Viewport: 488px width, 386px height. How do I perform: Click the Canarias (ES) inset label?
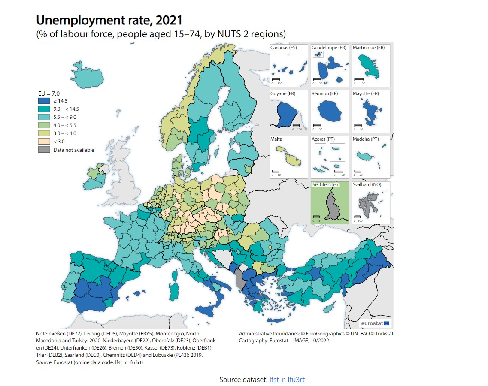point(283,48)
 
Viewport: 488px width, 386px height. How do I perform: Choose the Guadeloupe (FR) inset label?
point(329,48)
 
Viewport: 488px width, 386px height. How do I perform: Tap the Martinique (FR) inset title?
point(369,48)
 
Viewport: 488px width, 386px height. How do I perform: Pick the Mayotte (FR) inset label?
point(366,93)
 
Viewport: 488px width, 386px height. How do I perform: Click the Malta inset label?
point(276,139)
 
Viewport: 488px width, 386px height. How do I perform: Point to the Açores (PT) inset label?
point(324,139)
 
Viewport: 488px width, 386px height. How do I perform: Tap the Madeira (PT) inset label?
point(366,139)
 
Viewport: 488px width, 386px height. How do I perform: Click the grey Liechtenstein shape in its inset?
point(331,205)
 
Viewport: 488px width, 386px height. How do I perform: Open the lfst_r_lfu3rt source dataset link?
point(287,380)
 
